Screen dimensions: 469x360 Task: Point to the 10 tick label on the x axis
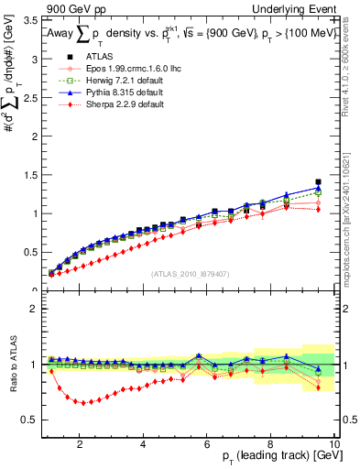(334, 443)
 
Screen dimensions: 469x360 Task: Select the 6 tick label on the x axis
(207, 443)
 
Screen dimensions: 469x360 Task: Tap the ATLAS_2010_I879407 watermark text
(190, 274)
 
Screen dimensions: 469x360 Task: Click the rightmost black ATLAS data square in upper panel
(318, 182)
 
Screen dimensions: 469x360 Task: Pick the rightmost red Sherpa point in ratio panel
(318, 387)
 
